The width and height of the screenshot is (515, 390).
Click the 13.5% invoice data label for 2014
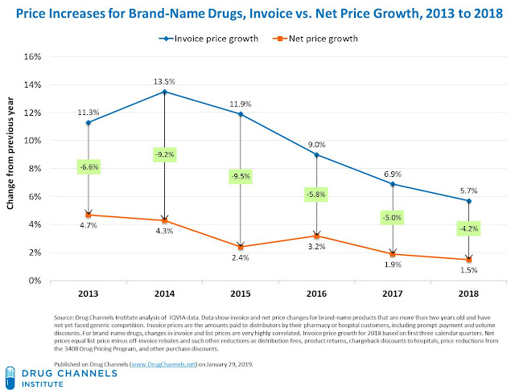(x=164, y=80)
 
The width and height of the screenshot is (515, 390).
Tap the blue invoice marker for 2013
(x=88, y=122)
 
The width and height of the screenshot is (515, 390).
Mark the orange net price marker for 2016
(x=316, y=236)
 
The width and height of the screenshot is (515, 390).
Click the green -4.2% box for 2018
(x=470, y=228)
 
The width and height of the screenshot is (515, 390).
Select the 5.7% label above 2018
(x=469, y=190)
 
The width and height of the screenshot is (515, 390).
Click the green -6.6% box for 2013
(x=88, y=167)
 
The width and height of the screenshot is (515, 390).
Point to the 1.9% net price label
(x=393, y=265)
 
